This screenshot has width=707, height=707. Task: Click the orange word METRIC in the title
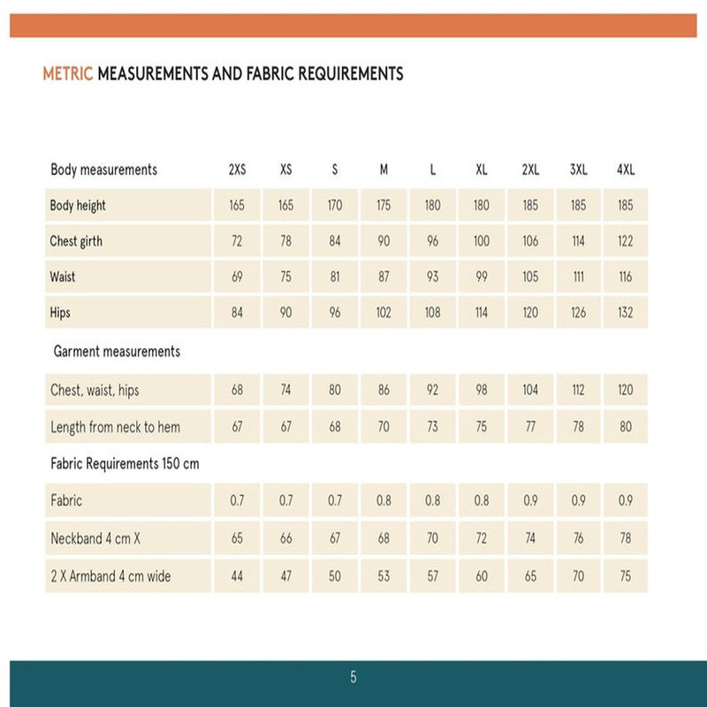[68, 74]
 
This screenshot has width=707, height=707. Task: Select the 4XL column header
[626, 170]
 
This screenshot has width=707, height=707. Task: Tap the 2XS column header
[237, 170]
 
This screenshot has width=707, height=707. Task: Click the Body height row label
[78, 206]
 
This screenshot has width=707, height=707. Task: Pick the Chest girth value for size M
[384, 241]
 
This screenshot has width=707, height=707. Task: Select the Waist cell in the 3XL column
[577, 277]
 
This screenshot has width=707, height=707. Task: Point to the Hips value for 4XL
[626, 313]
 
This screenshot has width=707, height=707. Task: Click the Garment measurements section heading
[117, 352]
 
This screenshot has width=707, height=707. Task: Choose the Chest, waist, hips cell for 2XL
[529, 390]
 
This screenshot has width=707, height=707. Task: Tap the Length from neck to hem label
[115, 428]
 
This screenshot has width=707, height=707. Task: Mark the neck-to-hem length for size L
[432, 428]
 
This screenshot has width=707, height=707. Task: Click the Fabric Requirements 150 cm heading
[125, 465]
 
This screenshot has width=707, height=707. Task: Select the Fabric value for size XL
[481, 501]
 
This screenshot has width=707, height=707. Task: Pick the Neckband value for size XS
[285, 538]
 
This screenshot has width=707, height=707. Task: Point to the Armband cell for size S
[335, 576]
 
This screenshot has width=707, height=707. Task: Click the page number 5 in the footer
[353, 678]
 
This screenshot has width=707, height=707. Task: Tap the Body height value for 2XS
[237, 206]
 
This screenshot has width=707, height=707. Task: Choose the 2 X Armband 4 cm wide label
[110, 576]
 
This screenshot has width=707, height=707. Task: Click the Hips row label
[60, 313]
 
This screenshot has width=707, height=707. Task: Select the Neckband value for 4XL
[626, 538]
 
